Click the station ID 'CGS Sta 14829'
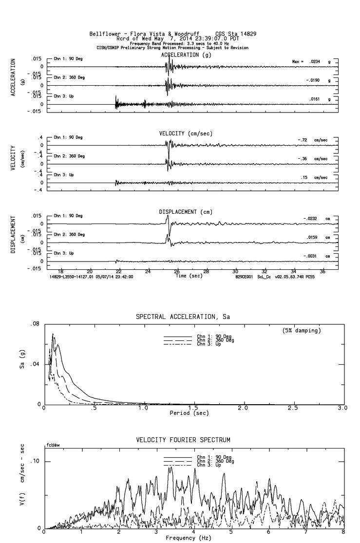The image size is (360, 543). coord(235,34)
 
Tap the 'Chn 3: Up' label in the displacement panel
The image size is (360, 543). coord(64,253)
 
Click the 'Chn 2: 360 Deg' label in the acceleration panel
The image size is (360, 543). coord(69,77)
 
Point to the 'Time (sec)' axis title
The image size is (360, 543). coord(188,276)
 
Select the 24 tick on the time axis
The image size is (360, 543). coord(148,271)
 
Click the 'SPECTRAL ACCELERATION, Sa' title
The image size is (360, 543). coord(183,317)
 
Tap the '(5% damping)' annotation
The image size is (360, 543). coord(302,331)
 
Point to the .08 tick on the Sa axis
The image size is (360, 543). coord(35,324)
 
